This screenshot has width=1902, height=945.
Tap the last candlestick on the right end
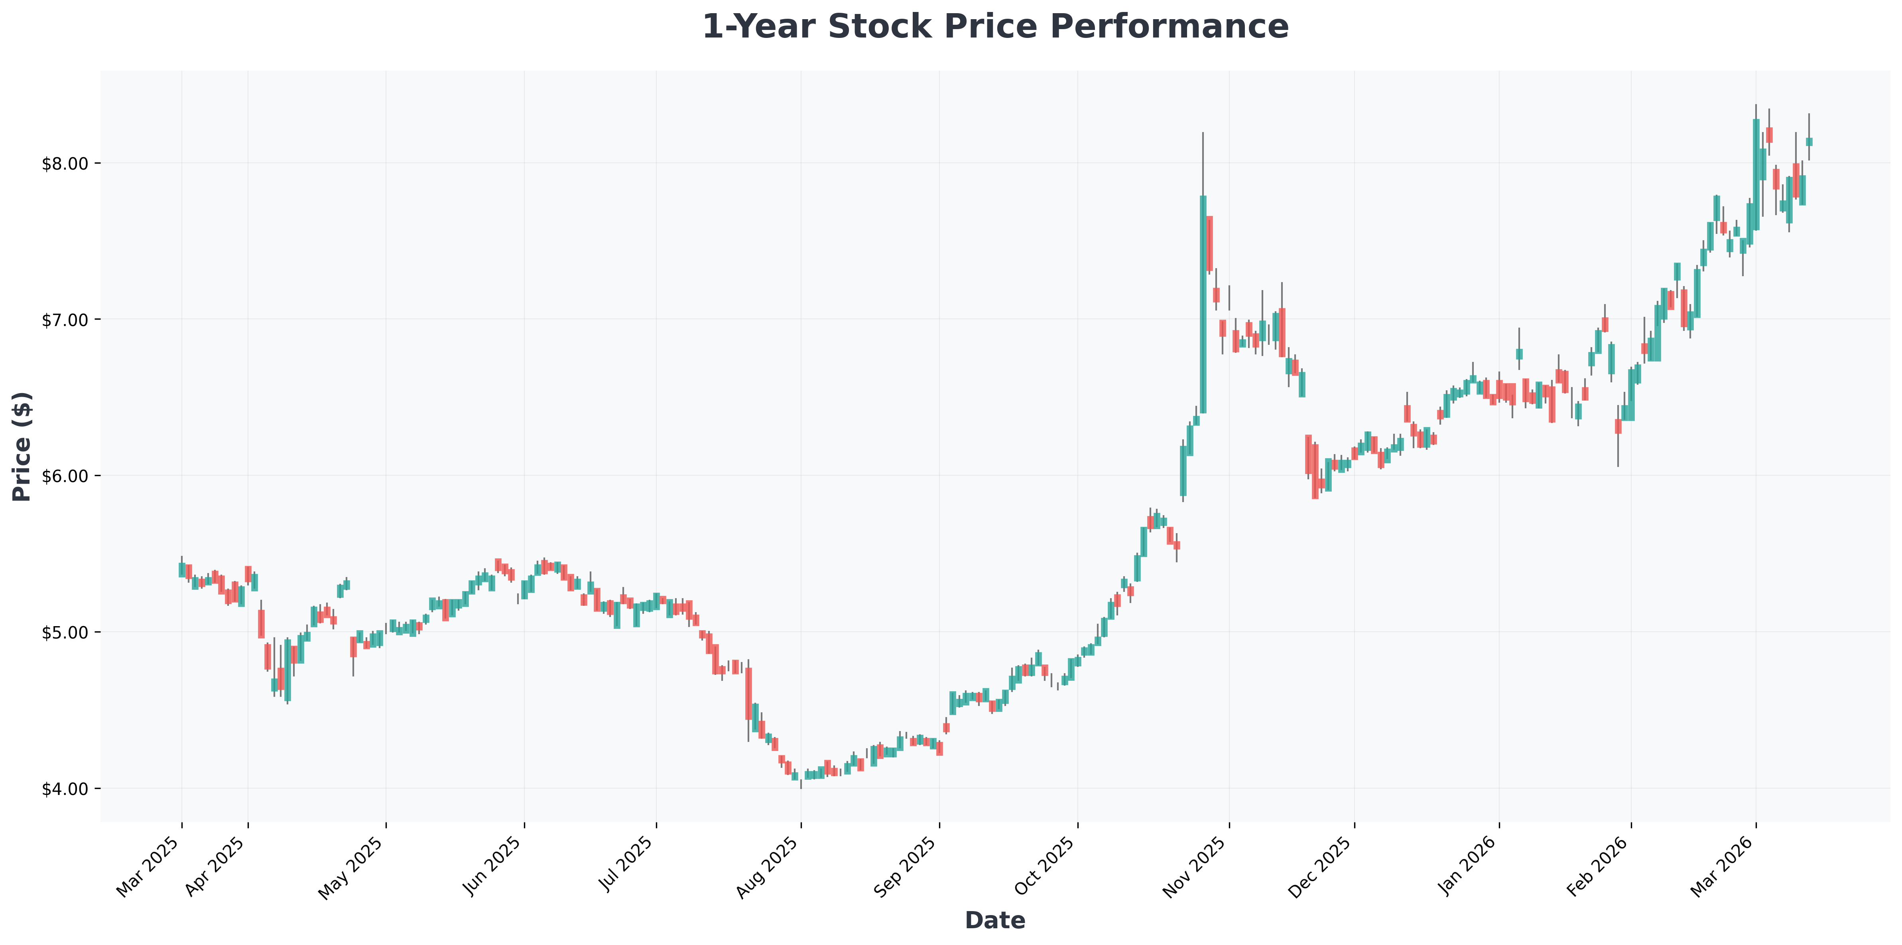pyautogui.click(x=1809, y=142)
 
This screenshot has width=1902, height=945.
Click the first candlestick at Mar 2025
pyautogui.click(x=182, y=569)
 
